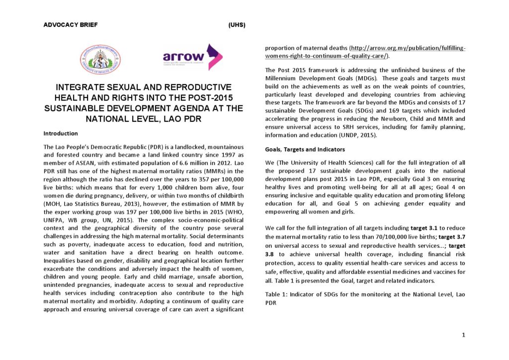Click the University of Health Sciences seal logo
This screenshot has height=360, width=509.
tap(100, 59)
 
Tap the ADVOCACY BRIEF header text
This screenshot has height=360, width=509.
tap(71, 24)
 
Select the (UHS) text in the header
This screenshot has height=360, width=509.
tap(237, 25)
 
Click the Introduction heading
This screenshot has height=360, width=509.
tap(61, 133)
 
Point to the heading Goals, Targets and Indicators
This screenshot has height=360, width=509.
tap(305, 149)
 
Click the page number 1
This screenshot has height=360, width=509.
tap(463, 335)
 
